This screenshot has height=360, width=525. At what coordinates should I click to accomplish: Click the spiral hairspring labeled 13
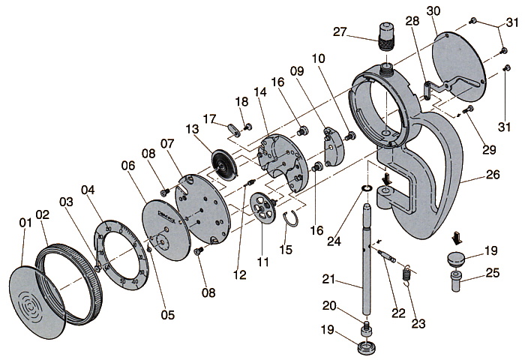(224, 161)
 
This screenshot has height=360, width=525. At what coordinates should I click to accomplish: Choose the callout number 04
(88, 190)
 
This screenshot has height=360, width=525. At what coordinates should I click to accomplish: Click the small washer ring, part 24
(367, 187)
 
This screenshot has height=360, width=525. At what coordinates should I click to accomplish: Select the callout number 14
(260, 92)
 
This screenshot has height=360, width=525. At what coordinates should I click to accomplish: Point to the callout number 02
(43, 214)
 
